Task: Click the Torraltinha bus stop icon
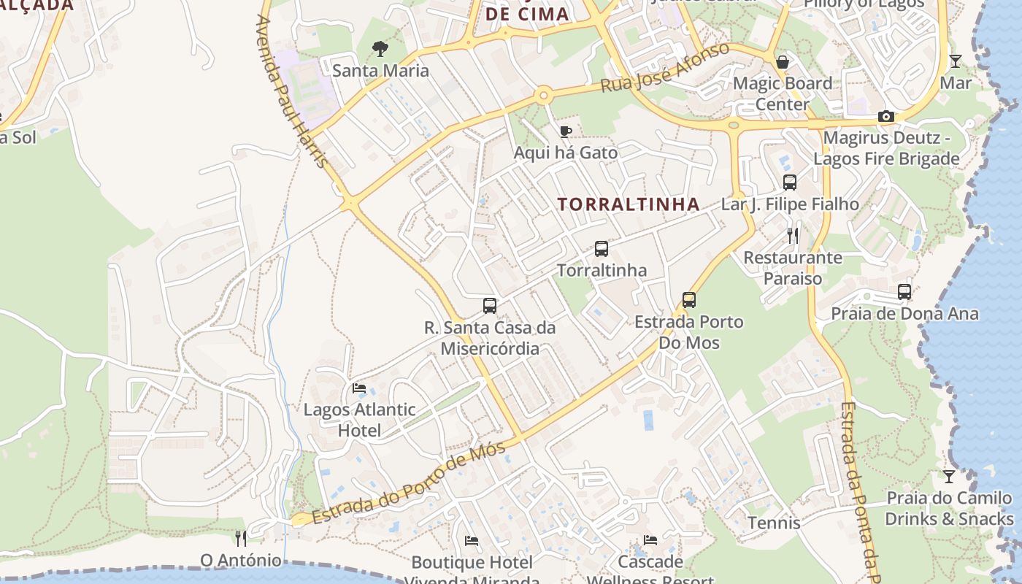(601, 249)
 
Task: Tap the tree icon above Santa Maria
(380, 49)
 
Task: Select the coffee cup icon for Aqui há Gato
(565, 131)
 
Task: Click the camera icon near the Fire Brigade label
(885, 117)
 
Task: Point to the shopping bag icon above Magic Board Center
(783, 62)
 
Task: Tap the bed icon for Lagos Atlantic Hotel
(358, 388)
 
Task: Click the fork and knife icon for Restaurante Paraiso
(793, 236)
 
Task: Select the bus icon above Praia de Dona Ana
(904, 292)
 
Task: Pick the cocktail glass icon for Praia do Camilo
(948, 477)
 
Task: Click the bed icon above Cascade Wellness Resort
(650, 540)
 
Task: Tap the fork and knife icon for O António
(241, 539)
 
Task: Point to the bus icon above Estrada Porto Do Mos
(688, 300)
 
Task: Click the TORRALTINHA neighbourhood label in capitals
(629, 204)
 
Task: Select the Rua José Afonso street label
(664, 68)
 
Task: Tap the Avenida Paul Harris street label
(291, 91)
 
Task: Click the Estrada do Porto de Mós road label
(409, 483)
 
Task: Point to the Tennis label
(774, 523)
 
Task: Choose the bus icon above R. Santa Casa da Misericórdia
(490, 306)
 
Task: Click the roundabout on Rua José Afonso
(542, 96)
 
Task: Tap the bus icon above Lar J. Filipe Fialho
(789, 182)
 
